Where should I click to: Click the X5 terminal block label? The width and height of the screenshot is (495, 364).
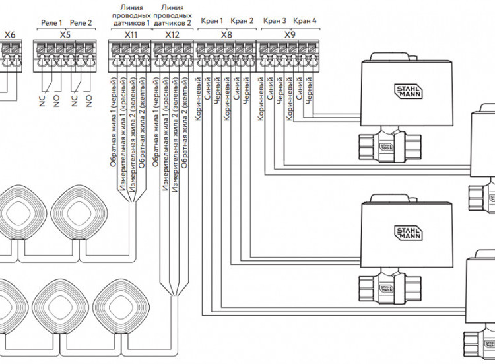coord(65,34)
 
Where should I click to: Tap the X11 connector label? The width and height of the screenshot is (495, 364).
coord(131,34)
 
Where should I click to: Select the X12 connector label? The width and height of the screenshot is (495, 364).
coord(172,34)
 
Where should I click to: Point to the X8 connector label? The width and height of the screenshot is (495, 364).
coord(226,34)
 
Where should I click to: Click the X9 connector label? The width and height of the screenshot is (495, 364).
coord(290,34)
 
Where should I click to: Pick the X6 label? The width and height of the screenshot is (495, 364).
coord(10,34)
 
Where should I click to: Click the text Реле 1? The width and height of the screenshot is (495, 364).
coord(51,22)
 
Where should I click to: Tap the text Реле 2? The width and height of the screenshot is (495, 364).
coord(81,22)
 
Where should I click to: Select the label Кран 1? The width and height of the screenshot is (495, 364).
coord(212,21)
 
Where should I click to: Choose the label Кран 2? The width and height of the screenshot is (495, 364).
coord(242,21)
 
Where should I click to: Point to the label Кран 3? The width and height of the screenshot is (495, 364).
coord(275,21)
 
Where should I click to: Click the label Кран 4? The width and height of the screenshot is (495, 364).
coord(305,21)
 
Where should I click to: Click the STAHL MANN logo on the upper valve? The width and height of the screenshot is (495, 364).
coord(409,91)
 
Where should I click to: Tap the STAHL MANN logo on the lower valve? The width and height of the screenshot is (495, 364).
coord(409,233)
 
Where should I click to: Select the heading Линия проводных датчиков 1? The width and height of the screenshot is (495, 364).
coord(131,15)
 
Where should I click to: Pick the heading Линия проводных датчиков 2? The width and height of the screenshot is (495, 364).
coord(172,15)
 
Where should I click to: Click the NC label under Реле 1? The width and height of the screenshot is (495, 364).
coord(43,101)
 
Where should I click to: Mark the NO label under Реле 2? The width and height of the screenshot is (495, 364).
coord(88,102)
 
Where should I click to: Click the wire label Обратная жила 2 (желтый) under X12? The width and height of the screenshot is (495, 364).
coord(185,122)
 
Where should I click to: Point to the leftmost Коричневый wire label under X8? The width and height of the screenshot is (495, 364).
coord(198,99)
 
